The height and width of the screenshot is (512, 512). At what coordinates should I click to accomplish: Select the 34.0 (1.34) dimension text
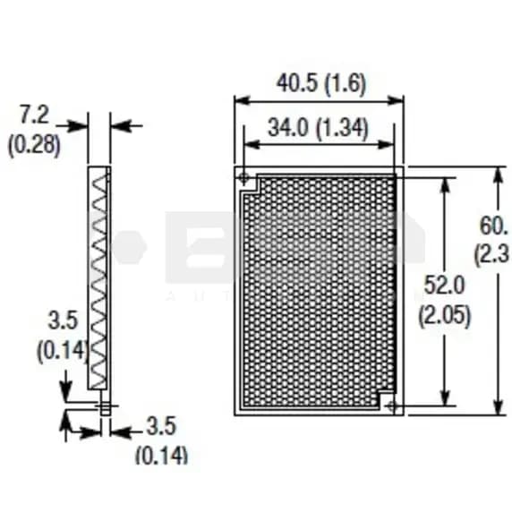coord(318,128)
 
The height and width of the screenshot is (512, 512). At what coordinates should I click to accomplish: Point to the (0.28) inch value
coord(34,145)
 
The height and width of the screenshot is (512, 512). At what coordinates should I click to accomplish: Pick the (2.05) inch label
coord(444,316)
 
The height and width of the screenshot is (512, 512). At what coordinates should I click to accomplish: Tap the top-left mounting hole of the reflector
coord(243,178)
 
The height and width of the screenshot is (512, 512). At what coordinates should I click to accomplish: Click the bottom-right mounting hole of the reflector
coord(393,406)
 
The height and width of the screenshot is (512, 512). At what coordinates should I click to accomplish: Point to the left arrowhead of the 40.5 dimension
coord(239,101)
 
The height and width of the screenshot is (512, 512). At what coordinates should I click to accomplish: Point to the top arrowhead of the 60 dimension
coord(498,171)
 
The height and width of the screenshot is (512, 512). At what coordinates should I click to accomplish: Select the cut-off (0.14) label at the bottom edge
coord(161,455)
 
